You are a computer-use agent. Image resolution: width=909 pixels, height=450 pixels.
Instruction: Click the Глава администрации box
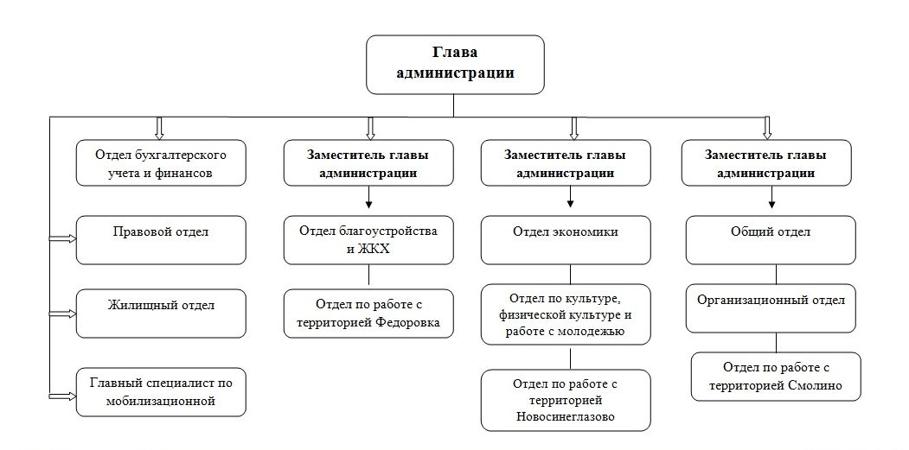point(455,64)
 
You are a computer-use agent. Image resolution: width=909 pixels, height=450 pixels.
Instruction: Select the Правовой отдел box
point(161,240)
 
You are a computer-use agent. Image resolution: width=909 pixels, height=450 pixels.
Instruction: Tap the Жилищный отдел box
point(161,314)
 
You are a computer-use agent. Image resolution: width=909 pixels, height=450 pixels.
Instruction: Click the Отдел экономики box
point(566,240)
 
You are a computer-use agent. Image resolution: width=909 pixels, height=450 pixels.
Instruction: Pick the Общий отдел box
point(771,240)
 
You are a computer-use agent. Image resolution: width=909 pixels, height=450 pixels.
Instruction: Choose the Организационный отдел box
point(771,308)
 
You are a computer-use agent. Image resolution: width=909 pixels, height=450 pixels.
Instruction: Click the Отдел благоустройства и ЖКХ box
point(368,240)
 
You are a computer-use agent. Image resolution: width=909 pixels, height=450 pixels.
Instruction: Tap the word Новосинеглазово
point(566,417)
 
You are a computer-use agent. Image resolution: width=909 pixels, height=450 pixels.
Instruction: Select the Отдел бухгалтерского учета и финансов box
point(161,162)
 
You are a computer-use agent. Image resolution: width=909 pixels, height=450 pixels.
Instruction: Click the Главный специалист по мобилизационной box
point(161,392)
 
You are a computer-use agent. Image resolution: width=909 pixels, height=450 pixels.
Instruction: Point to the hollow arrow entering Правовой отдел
point(62,238)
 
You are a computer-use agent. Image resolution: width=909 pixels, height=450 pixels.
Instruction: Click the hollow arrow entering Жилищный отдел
point(62,314)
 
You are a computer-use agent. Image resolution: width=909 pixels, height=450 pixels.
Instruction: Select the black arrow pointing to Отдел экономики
point(571,197)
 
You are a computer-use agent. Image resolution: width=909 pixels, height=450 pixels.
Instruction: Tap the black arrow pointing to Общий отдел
point(771,197)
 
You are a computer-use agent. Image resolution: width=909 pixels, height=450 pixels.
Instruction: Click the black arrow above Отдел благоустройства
point(369,197)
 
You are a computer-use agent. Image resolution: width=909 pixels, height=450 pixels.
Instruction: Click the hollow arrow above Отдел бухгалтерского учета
point(160,128)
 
